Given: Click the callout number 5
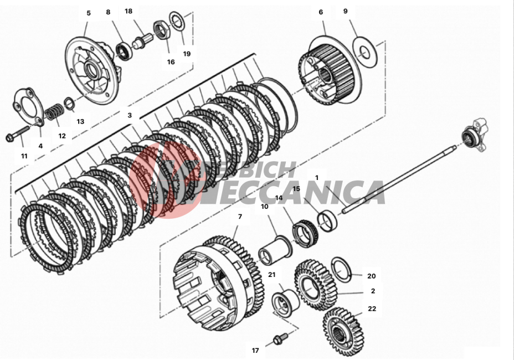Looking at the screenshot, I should pyautogui.click(x=88, y=13).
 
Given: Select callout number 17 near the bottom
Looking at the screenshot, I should pyautogui.click(x=255, y=350).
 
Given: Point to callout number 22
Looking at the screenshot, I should pyautogui.click(x=372, y=308).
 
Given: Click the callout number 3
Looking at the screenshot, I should pyautogui.click(x=130, y=115).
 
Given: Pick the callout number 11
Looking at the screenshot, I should pyautogui.click(x=24, y=156).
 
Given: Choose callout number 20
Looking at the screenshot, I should pyautogui.click(x=371, y=276).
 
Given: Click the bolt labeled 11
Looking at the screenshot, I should pyautogui.click(x=19, y=133).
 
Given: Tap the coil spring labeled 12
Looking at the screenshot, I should pyautogui.click(x=53, y=113).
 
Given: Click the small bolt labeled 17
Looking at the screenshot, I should pyautogui.click(x=280, y=337).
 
